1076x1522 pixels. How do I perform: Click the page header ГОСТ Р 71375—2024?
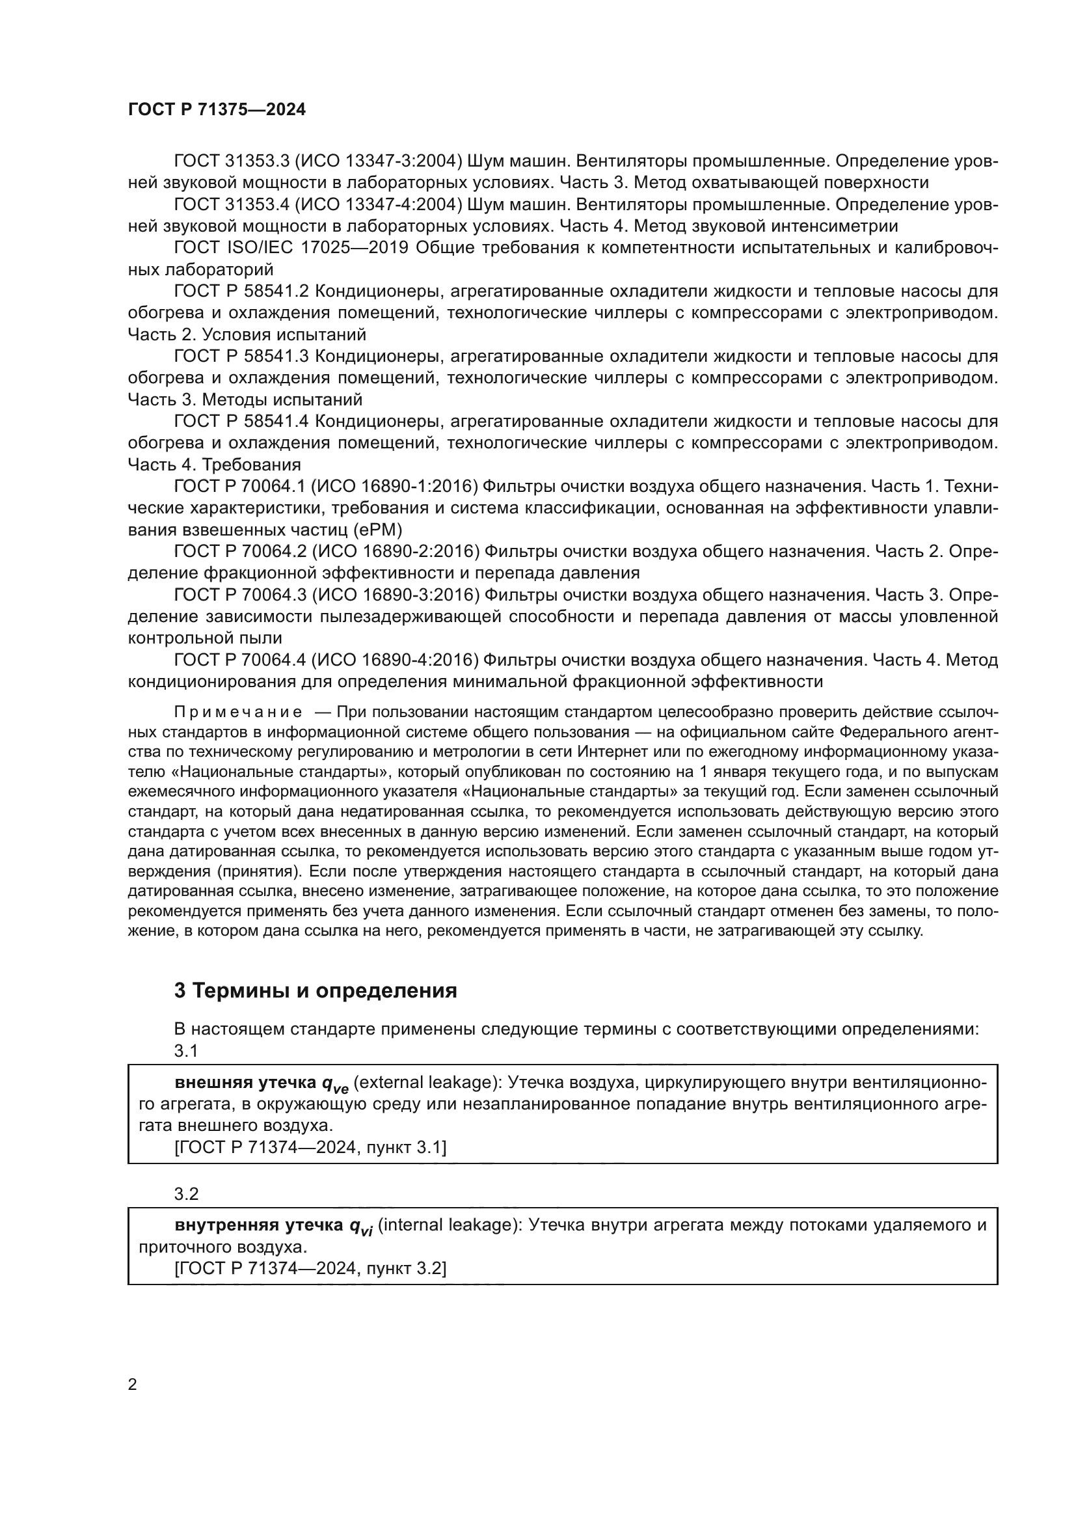[x=217, y=110]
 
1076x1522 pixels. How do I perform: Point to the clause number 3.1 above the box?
[x=186, y=1051]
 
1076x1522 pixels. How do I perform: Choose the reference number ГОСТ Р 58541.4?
[x=241, y=422]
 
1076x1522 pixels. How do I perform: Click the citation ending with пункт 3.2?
[x=310, y=1268]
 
